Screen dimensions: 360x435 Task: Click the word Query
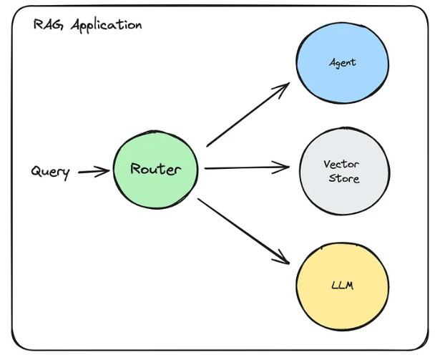click(x=51, y=172)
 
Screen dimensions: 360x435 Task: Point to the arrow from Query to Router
click(x=94, y=172)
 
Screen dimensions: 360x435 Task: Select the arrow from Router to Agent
click(x=247, y=115)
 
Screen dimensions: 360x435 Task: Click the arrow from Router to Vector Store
click(x=246, y=168)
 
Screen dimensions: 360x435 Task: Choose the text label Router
click(x=155, y=170)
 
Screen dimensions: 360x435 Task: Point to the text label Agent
click(x=343, y=62)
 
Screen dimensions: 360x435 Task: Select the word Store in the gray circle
click(x=343, y=178)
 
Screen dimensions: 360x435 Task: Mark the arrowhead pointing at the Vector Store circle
click(x=285, y=167)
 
